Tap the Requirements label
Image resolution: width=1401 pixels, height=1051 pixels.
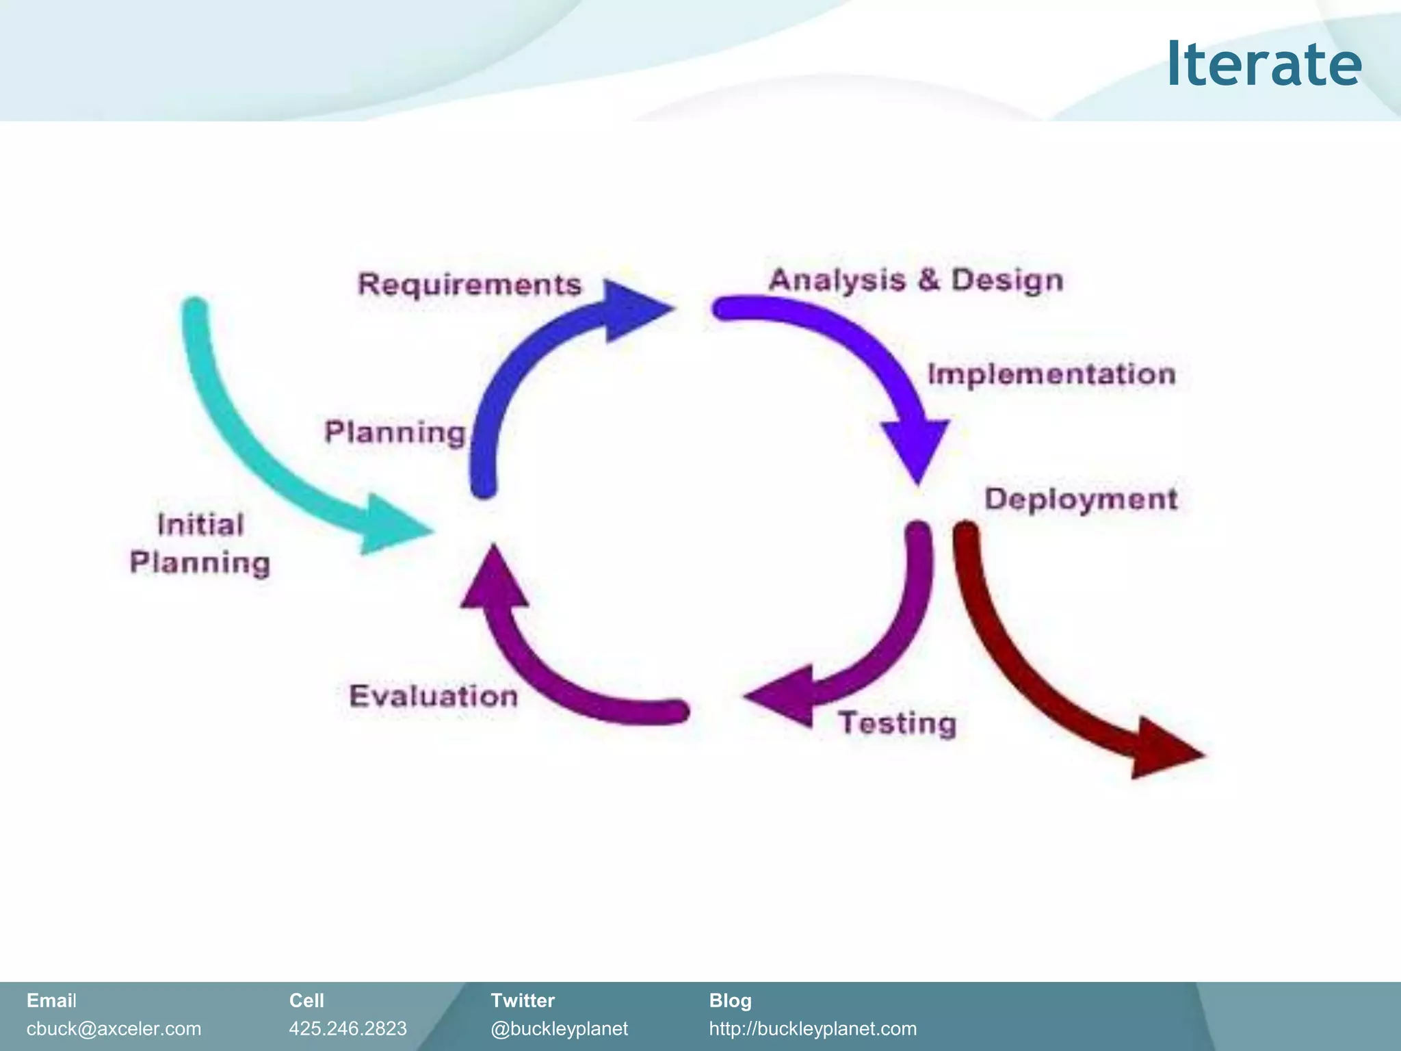469,284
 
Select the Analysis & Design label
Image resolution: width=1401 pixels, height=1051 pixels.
915,280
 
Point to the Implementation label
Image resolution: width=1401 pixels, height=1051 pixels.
1051,374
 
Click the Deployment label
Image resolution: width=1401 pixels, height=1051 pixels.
1080,499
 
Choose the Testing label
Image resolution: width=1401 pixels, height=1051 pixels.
897,723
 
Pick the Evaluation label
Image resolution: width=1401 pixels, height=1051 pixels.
433,696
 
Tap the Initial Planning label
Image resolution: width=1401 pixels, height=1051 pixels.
200,544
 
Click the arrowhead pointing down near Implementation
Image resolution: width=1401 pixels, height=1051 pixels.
916,448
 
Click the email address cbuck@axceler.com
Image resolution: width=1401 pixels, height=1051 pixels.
114,1028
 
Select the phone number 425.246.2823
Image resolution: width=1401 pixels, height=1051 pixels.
348,1028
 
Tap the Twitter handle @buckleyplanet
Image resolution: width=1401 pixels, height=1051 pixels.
559,1028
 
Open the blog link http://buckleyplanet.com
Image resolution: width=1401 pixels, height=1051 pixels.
812,1028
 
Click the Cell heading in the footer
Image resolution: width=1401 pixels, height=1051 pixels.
306,1000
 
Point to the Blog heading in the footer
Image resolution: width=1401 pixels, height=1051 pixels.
730,1000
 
